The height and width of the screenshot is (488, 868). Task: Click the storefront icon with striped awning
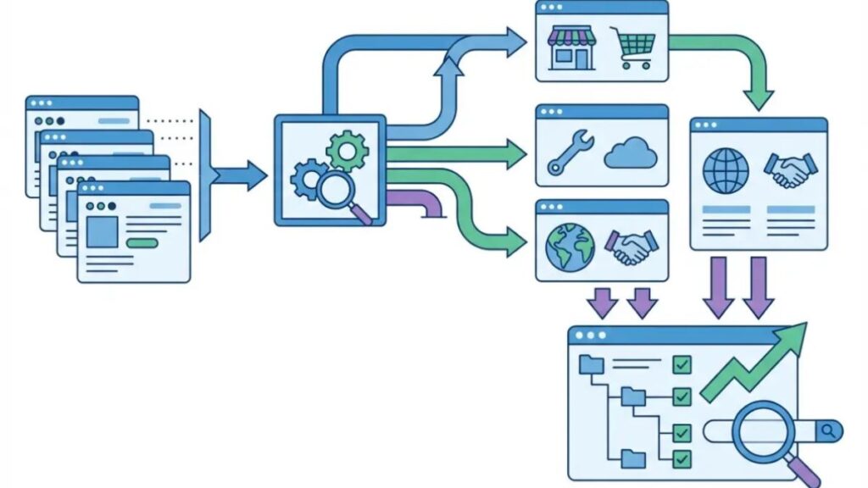(x=570, y=47)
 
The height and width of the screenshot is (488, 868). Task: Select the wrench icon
(x=565, y=152)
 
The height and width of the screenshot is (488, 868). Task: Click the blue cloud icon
(x=631, y=154)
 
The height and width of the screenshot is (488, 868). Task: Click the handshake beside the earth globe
(x=631, y=247)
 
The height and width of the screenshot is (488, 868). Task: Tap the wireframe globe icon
(x=726, y=171)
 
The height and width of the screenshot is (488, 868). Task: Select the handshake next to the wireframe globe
(x=789, y=170)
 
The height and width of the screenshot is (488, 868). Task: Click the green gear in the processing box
(x=347, y=152)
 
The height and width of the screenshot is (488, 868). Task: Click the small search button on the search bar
(x=830, y=431)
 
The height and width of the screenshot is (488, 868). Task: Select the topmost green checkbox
(x=682, y=365)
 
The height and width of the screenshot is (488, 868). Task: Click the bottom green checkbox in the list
(x=682, y=458)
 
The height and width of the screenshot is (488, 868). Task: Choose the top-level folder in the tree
(x=591, y=365)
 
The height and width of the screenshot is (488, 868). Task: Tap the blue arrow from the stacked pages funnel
(x=242, y=175)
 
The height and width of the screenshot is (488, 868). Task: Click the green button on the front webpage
(x=142, y=243)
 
